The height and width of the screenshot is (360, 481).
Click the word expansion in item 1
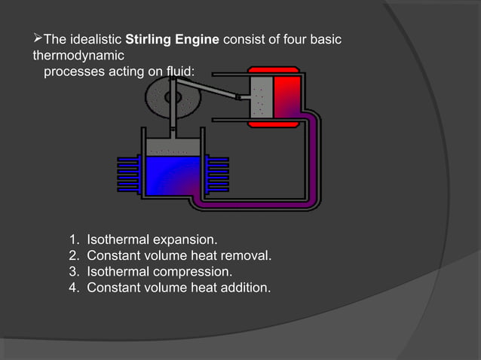(185, 240)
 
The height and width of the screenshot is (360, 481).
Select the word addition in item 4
(243, 287)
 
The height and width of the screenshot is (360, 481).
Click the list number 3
(73, 271)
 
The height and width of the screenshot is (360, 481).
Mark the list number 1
(73, 240)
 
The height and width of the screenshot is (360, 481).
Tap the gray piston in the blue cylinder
(173, 146)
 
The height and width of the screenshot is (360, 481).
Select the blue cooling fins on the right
(217, 175)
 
